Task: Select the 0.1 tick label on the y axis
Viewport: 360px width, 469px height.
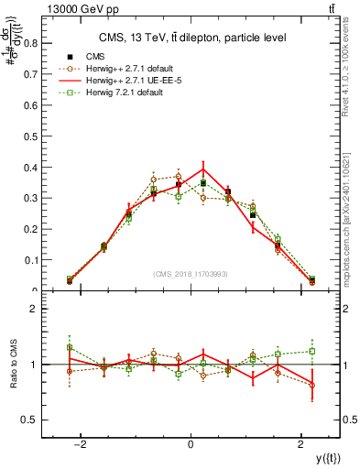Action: pyautogui.click(x=29, y=260)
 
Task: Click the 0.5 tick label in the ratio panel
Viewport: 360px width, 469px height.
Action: pyautogui.click(x=27, y=420)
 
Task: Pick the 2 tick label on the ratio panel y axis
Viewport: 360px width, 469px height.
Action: pyautogui.click(x=32, y=310)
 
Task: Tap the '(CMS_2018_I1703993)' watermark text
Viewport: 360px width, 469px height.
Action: pyautogui.click(x=191, y=273)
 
